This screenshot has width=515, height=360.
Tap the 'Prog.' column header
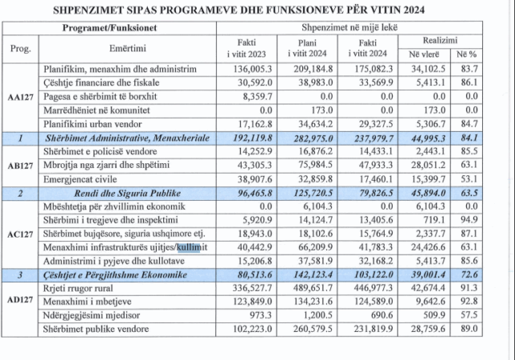coord(20,48)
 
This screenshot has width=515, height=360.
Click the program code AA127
coord(20,97)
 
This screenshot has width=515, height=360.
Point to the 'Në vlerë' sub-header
coord(427,54)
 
